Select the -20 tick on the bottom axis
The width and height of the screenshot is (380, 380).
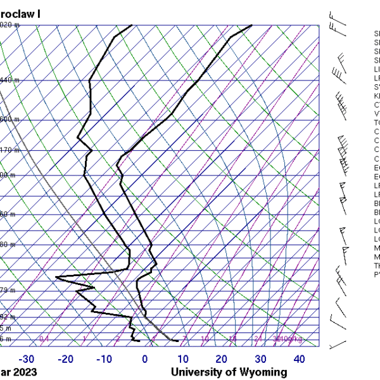pyautogui.click(x=65, y=359)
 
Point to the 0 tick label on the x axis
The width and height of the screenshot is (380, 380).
pyautogui.click(x=145, y=359)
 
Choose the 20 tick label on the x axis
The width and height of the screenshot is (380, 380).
pyautogui.click(x=221, y=359)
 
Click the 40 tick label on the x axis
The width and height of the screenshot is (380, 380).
pyautogui.click(x=299, y=359)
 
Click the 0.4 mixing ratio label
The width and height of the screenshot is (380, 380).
pyautogui.click(x=44, y=339)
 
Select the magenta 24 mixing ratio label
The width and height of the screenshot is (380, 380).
pyautogui.click(x=258, y=339)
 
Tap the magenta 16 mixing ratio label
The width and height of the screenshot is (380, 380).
pyautogui.click(x=232, y=339)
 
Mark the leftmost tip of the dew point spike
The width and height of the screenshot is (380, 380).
pyautogui.click(x=56, y=277)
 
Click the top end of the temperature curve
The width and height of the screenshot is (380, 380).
pyautogui.click(x=251, y=25)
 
